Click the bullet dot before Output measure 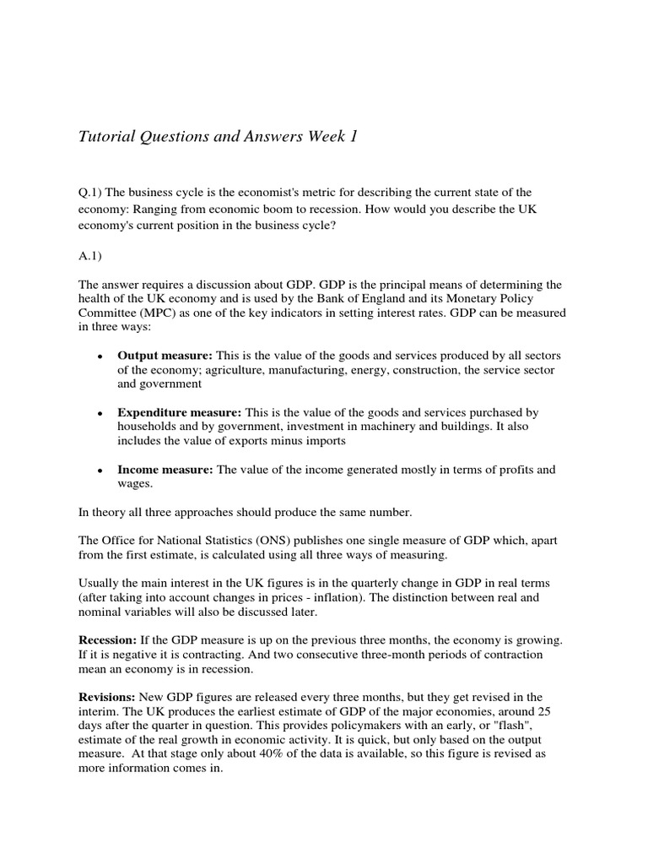click(x=100, y=356)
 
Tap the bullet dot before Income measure click(x=100, y=471)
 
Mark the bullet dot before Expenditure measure click(x=100, y=413)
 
